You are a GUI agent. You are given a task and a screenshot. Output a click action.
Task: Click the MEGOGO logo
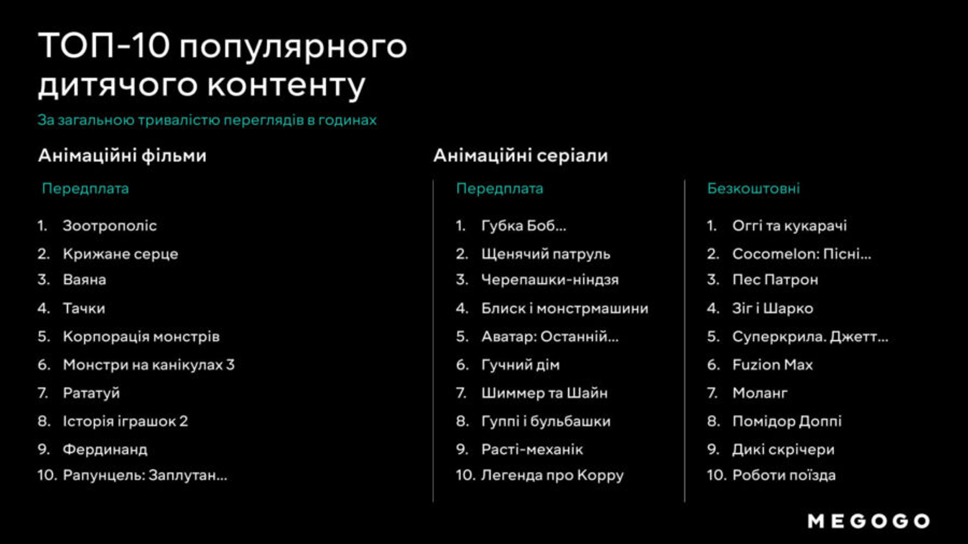(x=869, y=521)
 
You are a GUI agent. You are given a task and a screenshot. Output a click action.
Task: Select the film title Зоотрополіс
(x=109, y=226)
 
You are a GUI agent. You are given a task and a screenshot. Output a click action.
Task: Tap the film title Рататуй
(x=91, y=393)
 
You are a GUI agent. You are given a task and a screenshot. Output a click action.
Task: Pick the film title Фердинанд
(x=105, y=450)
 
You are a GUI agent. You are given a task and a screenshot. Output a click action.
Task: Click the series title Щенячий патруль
(x=546, y=254)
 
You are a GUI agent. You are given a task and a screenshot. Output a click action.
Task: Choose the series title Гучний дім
(x=520, y=365)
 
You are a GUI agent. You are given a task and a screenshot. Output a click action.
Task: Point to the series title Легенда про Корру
(x=552, y=475)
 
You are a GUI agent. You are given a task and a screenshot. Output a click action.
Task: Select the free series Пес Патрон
(x=775, y=280)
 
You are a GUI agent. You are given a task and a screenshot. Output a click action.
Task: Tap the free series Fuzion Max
(x=772, y=365)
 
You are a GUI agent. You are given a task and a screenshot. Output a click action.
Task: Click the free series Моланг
(x=760, y=393)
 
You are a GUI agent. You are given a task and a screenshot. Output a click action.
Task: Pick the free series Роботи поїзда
(x=784, y=475)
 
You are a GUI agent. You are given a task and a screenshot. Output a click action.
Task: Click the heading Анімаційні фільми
(x=122, y=156)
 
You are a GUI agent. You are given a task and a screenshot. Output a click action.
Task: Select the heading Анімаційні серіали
(x=521, y=156)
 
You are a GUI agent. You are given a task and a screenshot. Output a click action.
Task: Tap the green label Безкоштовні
(x=753, y=189)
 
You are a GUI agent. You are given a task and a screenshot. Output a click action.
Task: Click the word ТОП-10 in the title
(x=104, y=45)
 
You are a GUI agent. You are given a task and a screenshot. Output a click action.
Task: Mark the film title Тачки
(x=84, y=309)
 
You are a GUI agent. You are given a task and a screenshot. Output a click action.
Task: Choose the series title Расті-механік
(x=532, y=450)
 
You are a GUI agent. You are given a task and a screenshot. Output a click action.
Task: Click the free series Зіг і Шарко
(x=772, y=309)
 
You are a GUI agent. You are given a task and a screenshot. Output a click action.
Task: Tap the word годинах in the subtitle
(x=347, y=120)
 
